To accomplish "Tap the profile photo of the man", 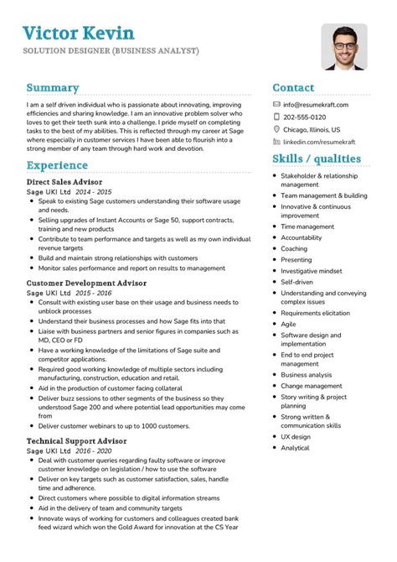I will point(343,47).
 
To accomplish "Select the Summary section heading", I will point(53,87).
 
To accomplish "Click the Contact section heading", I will point(293,87).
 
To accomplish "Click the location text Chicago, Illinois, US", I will point(312,130).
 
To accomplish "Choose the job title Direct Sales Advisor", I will point(64,181).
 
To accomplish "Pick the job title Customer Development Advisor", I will point(87,284).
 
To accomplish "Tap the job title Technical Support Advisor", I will point(77,440).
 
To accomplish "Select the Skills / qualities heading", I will point(317,159).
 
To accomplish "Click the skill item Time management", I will point(307,226).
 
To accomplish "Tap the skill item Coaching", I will point(294,249).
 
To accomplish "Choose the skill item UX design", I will point(296,436).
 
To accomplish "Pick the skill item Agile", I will point(289,323).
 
